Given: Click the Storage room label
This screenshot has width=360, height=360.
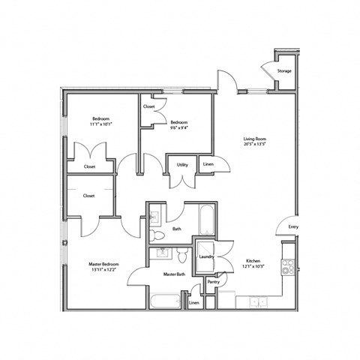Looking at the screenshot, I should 284,71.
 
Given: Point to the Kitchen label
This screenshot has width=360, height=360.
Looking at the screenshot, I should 253,262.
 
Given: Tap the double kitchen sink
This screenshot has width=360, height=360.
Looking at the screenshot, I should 257,301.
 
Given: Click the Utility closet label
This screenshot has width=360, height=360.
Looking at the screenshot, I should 182,164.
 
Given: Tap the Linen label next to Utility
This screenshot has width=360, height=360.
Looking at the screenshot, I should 208,163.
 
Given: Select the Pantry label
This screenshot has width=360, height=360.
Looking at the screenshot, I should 214,283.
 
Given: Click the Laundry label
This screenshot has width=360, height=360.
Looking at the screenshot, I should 207,257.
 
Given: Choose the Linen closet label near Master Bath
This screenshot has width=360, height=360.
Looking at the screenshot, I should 194,303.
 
